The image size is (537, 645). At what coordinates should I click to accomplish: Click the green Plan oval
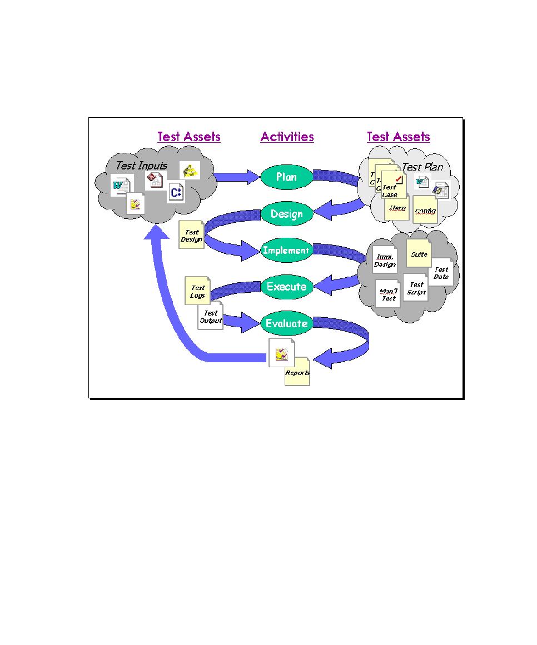coord(286,177)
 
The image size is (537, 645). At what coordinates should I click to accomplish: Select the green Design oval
coord(286,214)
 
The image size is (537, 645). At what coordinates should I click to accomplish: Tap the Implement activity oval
coord(286,251)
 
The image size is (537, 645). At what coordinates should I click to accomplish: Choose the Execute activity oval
coord(286,287)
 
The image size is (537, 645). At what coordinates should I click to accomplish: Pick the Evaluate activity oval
coord(286,323)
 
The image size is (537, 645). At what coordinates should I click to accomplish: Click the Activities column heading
coord(287,137)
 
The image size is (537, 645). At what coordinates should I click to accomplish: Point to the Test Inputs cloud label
coord(141,166)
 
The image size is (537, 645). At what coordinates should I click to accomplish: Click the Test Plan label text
coord(422,167)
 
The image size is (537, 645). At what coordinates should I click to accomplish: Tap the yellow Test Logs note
coord(198,291)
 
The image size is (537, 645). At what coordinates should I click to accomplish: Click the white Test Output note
coord(211,317)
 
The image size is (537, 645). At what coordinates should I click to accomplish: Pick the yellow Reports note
coord(297,372)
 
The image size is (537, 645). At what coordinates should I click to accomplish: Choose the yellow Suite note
coord(419,254)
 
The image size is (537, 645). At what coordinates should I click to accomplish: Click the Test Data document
coord(441,273)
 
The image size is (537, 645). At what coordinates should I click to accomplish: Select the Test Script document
coord(416,288)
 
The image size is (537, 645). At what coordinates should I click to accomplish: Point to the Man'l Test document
coord(388,294)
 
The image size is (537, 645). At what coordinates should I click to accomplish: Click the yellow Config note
coord(425,211)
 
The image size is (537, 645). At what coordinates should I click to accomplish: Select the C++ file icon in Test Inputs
coord(176,193)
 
